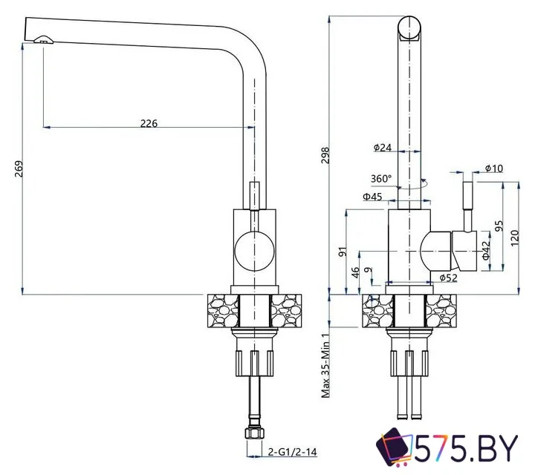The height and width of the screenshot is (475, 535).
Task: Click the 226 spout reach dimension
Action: (x=149, y=123)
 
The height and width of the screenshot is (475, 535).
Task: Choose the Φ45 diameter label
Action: (x=372, y=197)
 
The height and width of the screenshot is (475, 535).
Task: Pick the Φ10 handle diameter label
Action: (x=494, y=169)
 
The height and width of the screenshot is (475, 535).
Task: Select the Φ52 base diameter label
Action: (x=447, y=278)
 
